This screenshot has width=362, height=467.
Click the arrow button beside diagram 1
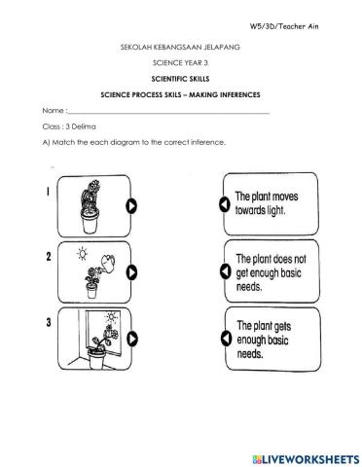131,205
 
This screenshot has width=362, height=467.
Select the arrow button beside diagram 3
131,340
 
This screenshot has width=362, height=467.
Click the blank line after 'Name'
165,113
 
